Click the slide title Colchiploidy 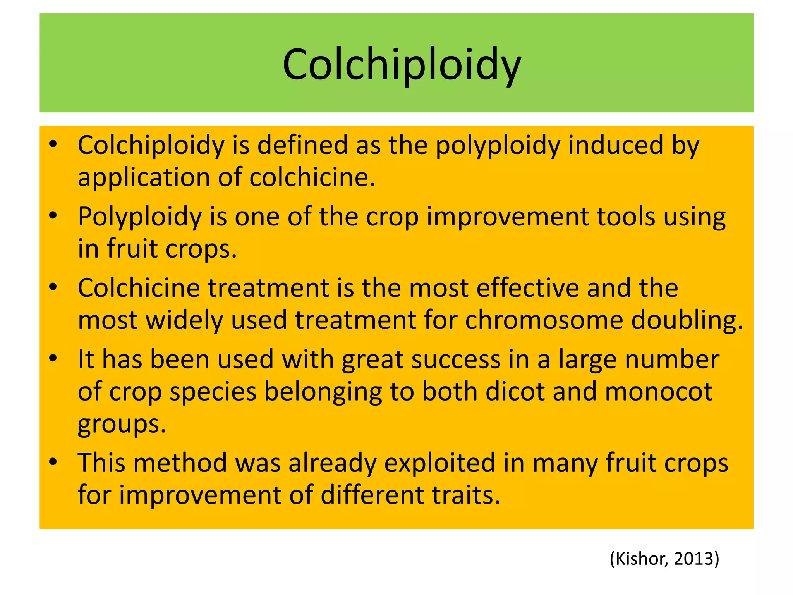(402, 64)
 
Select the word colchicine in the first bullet (312, 177)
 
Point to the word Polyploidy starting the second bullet (140, 217)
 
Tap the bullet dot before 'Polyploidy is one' (53, 215)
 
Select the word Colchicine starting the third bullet (139, 288)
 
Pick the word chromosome (544, 320)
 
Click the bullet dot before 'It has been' (53, 358)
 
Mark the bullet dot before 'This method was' (53, 462)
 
